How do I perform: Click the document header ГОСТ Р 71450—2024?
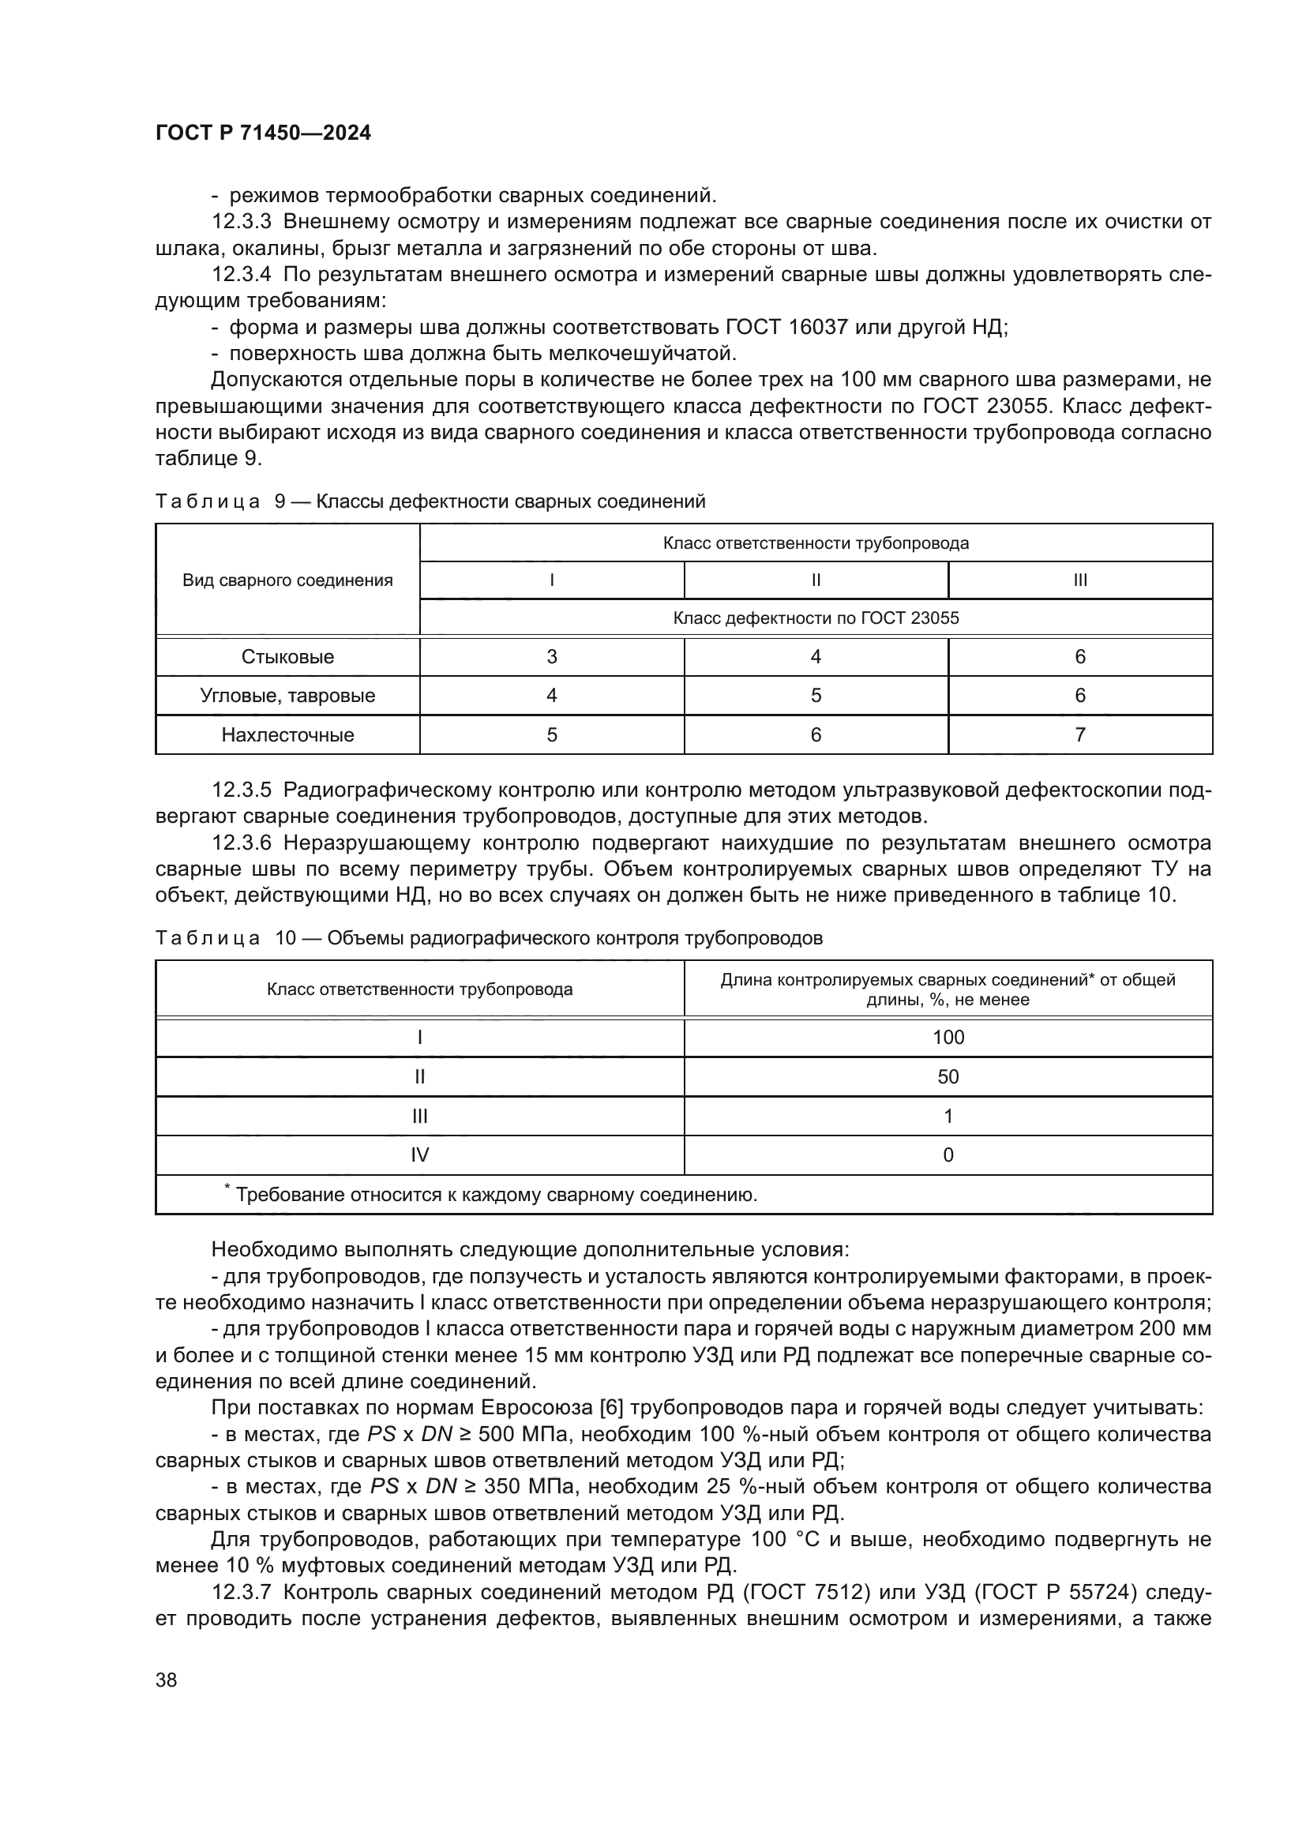pyautogui.click(x=263, y=133)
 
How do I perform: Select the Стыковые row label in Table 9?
pyautogui.click(x=287, y=656)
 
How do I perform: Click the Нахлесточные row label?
pyautogui.click(x=287, y=734)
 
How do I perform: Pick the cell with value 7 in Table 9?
pyautogui.click(x=1079, y=734)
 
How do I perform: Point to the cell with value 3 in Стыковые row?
pyautogui.click(x=552, y=656)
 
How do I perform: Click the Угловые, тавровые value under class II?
pyautogui.click(x=816, y=695)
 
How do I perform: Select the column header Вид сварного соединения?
pyautogui.click(x=287, y=580)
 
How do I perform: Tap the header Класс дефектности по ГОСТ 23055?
pyautogui.click(x=816, y=618)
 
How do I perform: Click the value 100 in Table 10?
pyautogui.click(x=948, y=1037)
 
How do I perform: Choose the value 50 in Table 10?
pyautogui.click(x=948, y=1076)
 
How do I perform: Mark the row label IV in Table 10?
pyautogui.click(x=419, y=1155)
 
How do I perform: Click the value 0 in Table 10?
pyautogui.click(x=948, y=1155)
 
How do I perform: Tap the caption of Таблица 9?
pyautogui.click(x=430, y=501)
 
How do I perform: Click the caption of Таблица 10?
pyautogui.click(x=488, y=938)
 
